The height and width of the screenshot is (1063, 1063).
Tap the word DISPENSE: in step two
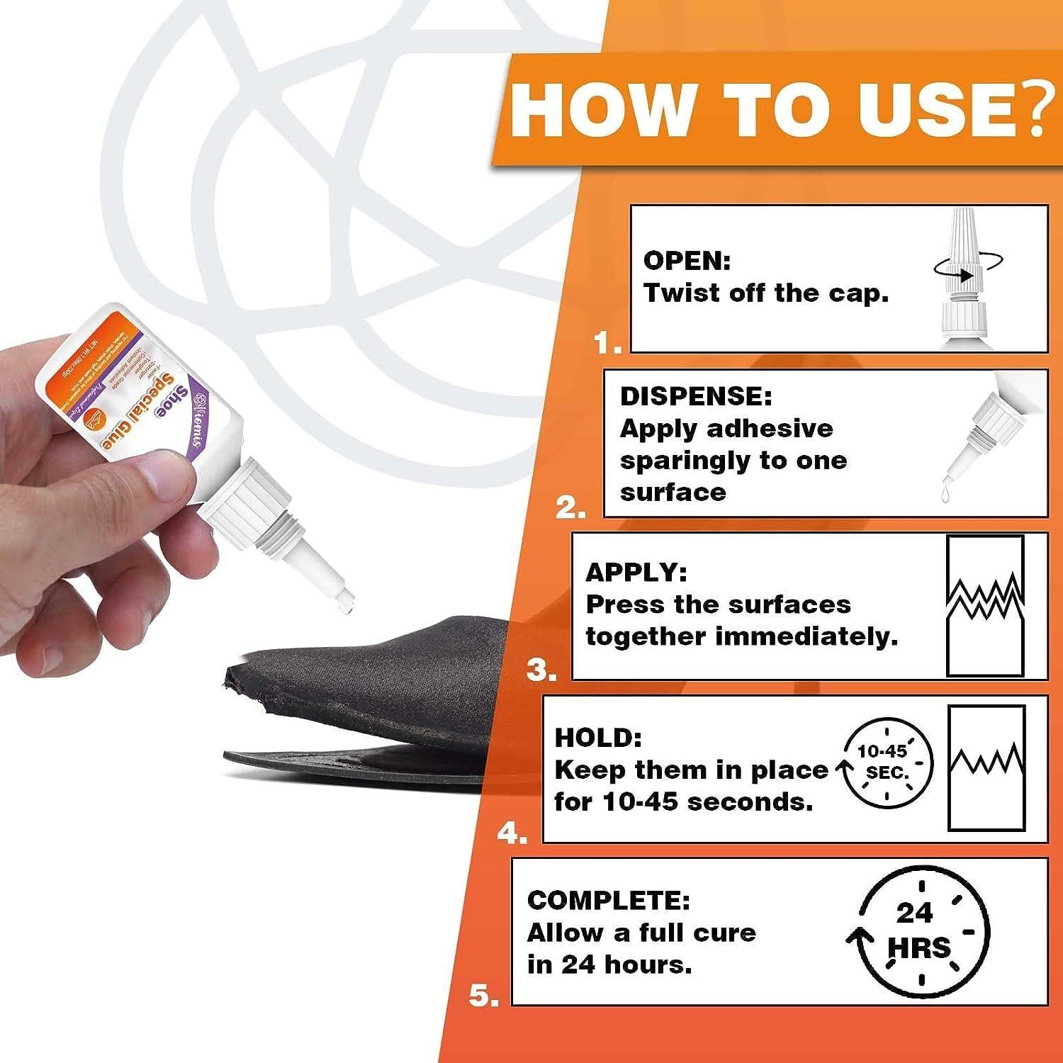click(695, 396)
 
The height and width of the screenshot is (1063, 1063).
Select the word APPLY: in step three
click(636, 572)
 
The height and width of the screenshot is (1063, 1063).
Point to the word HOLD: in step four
click(597, 737)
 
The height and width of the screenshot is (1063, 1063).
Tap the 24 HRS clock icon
click(920, 930)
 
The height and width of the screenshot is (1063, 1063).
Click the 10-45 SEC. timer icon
click(886, 764)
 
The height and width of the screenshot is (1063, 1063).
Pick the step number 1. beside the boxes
click(607, 344)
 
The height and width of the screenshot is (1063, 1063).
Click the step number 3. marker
click(541, 670)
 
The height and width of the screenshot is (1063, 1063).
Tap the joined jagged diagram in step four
click(986, 767)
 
